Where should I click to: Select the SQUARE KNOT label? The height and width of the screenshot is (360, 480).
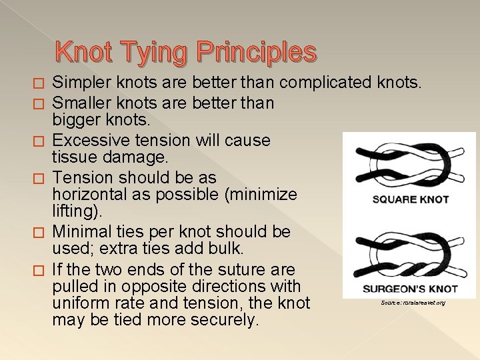(x=410, y=199)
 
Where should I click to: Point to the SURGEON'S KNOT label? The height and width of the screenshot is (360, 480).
(x=410, y=289)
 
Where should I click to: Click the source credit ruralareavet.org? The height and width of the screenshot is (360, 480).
(x=413, y=303)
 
